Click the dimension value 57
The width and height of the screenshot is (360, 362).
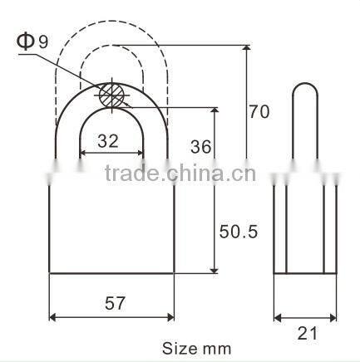(115, 303)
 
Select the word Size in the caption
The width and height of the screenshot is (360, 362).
(176, 348)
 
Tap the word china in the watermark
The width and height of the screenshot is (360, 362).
(207, 174)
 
